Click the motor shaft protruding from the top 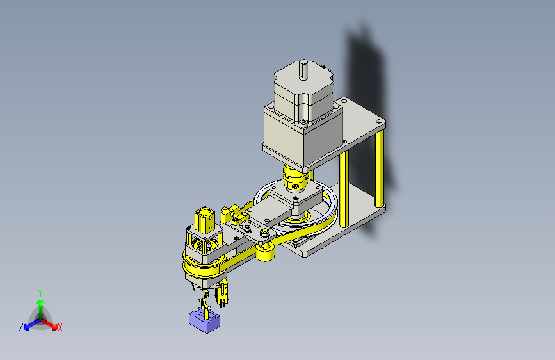point(303,69)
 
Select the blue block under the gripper point(204,321)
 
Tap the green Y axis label point(40,293)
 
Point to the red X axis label point(60,328)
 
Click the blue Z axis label point(21,327)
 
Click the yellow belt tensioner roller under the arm point(265,252)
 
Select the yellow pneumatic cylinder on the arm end point(204,220)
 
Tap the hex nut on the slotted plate point(264,233)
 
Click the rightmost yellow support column point(379,168)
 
